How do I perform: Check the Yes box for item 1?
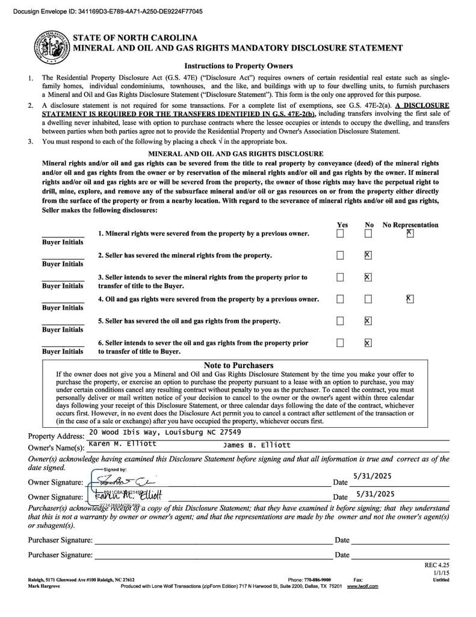tap(341, 233)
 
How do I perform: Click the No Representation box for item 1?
tap(410, 233)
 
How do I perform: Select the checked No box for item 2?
tap(368, 255)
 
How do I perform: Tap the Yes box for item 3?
tap(341, 277)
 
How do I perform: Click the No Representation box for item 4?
tap(410, 298)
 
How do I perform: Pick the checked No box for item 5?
tap(368, 321)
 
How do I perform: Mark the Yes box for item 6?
tap(341, 343)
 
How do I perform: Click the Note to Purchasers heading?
tap(238, 365)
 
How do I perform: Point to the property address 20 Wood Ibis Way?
tap(164, 433)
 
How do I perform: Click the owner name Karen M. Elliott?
tap(122, 444)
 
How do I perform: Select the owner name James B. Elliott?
tap(256, 445)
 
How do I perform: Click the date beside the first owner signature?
tap(373, 476)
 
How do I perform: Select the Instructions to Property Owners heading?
tap(238, 66)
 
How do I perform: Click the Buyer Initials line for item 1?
tap(63, 234)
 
